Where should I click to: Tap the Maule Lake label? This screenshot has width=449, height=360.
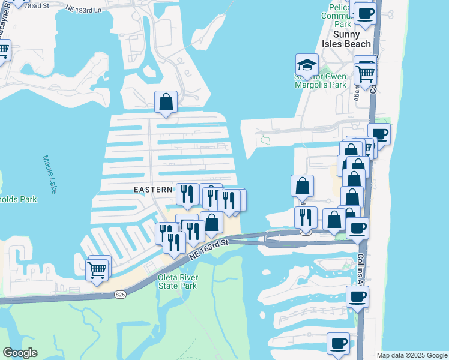pos(50,174)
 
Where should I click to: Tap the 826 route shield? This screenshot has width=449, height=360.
pos(121,294)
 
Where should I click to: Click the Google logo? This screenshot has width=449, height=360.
pos(20,353)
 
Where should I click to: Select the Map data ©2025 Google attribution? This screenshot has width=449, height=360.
pos(412,355)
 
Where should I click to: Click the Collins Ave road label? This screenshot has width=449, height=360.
pos(361,267)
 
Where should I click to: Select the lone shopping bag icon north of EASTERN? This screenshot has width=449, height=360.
pos(166,102)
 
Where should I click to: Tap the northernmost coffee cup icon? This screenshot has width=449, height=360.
pos(364,13)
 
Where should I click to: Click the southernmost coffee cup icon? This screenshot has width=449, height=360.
pos(338,343)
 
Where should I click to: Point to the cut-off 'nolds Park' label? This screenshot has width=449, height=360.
pos(19,200)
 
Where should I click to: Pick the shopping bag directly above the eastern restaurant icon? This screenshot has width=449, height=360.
pos(302,185)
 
